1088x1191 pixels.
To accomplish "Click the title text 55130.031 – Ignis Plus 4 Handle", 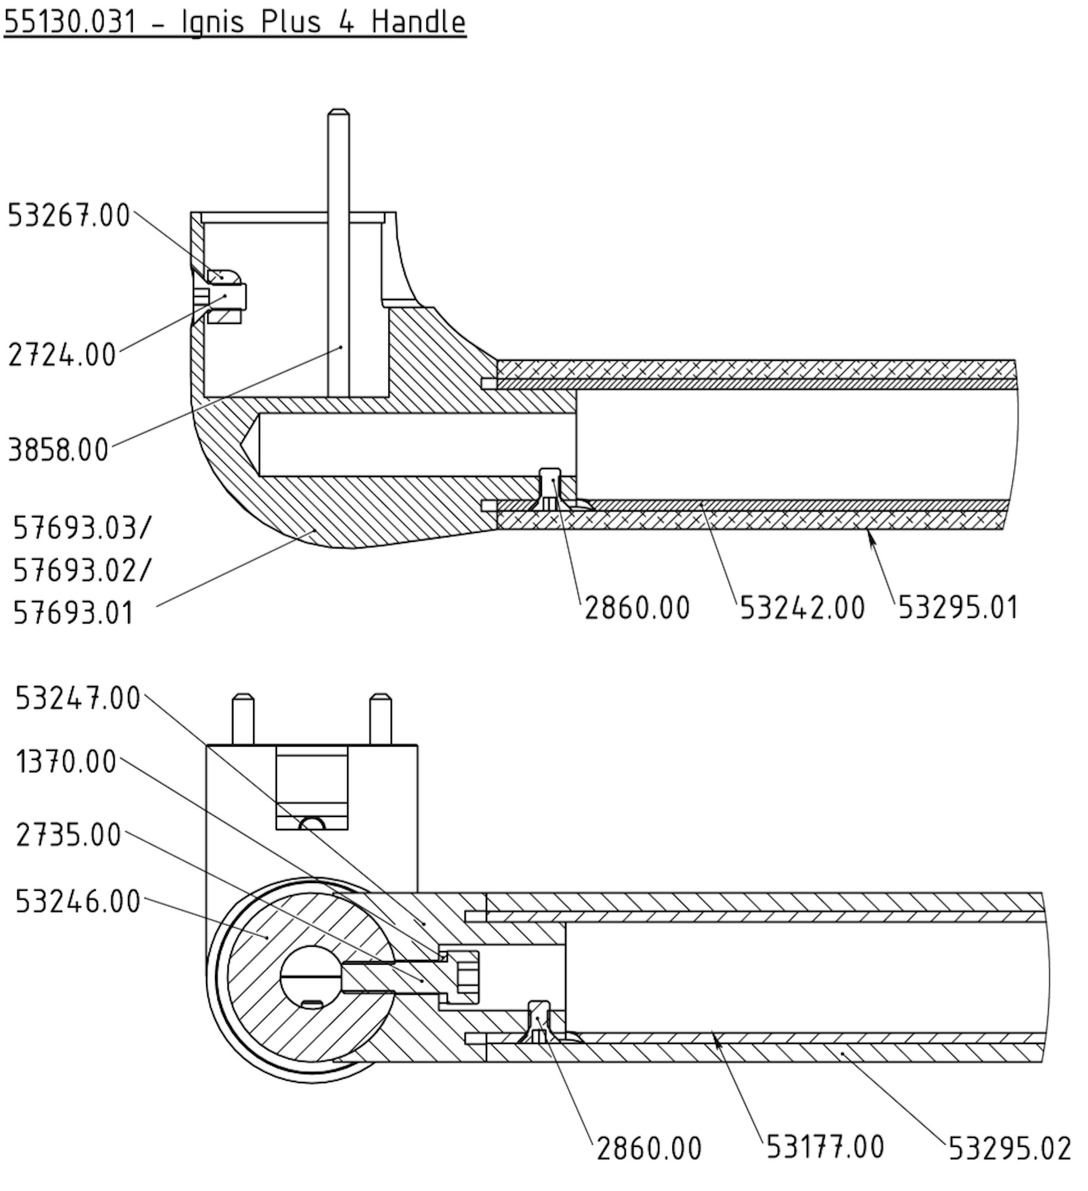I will point(235,23).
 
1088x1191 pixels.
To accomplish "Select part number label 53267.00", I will point(68,216).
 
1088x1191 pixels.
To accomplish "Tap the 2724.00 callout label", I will point(62,356).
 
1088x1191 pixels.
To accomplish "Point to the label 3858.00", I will point(58,450).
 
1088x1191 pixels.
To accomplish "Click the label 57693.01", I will point(73,613).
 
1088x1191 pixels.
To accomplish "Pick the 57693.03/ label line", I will point(82,528).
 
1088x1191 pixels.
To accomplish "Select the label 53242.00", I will point(802,608).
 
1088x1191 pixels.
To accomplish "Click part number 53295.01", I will point(958,608).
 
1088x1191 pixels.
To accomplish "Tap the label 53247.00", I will point(77,698).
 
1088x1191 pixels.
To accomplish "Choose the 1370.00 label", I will point(66,762).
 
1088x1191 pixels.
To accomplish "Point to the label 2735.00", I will point(68,835).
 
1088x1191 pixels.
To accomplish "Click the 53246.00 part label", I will point(77,902).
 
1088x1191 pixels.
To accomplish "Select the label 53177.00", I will point(825,1147).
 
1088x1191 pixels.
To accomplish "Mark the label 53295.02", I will point(1009,1149).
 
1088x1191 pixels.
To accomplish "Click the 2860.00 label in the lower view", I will point(649,1149).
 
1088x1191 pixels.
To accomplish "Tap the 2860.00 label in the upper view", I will point(637,608).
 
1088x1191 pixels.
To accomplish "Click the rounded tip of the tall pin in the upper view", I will point(338,113).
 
